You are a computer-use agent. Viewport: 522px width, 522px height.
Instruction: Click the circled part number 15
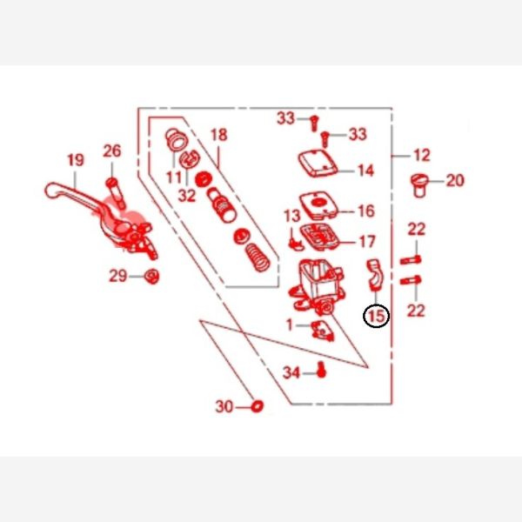[x=376, y=316]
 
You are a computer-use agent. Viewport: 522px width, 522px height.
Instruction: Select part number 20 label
[x=455, y=180]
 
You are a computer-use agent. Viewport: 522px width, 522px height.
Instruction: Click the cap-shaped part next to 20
[x=419, y=185]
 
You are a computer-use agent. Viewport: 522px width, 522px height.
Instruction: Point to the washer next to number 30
[x=257, y=405]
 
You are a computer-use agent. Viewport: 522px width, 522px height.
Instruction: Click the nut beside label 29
[x=151, y=276]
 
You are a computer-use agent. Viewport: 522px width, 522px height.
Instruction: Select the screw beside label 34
[x=320, y=370]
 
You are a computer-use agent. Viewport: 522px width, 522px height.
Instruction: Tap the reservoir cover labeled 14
[x=318, y=164]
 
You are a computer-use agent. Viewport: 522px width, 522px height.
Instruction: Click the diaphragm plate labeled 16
[x=319, y=204]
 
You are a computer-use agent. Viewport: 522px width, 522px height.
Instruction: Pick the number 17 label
[x=367, y=242]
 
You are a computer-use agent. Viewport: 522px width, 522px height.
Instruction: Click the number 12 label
[x=422, y=156]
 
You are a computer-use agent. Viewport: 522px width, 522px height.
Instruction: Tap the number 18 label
[x=219, y=135]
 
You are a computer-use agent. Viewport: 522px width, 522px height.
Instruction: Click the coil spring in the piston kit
[x=258, y=258]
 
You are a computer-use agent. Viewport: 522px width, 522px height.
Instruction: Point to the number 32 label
[x=187, y=196]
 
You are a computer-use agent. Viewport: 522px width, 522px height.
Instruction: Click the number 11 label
[x=174, y=177]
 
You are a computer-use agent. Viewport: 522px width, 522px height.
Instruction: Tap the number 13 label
[x=292, y=216]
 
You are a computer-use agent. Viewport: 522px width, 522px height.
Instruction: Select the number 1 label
[x=290, y=325]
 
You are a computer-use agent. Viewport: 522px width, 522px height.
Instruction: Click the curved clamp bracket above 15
[x=375, y=274]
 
